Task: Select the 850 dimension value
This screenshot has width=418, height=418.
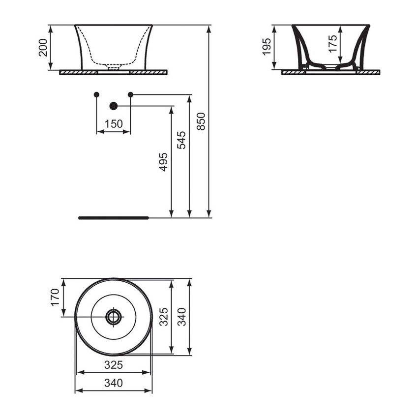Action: [201, 121]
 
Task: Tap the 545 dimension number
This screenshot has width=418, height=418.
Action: [181, 140]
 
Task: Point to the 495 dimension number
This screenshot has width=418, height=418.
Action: [163, 162]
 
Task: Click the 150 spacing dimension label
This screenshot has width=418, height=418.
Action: [113, 124]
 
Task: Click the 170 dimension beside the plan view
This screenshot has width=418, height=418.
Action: [55, 297]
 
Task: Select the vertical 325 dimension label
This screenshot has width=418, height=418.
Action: [164, 317]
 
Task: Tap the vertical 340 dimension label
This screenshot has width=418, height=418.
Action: [181, 317]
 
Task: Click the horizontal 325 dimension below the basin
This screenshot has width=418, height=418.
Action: [114, 365]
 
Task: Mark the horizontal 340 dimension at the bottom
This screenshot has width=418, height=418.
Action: [114, 383]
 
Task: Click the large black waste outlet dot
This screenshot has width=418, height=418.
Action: [114, 106]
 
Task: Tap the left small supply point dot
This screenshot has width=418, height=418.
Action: [96, 94]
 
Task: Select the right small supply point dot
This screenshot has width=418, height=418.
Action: [130, 94]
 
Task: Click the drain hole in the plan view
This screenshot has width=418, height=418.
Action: [114, 316]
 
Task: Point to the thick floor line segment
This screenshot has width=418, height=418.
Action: [113, 217]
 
